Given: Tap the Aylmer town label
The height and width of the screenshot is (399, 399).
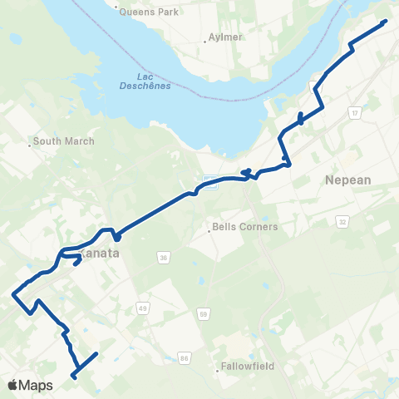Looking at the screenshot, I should (x=222, y=38).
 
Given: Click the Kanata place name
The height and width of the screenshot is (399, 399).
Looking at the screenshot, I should (x=101, y=253).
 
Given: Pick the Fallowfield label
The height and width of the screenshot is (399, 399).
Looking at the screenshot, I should (x=247, y=367).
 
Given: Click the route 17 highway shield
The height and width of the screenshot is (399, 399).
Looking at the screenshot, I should (x=355, y=112).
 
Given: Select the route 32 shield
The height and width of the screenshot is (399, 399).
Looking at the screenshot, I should (x=342, y=222).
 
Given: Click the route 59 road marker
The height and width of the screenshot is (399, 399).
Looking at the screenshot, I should (x=203, y=313).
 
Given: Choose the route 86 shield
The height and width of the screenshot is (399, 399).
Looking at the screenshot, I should (x=185, y=358).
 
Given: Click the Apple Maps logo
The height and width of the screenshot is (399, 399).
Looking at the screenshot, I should (x=30, y=385).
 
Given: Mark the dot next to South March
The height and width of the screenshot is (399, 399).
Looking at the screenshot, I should (x=31, y=145).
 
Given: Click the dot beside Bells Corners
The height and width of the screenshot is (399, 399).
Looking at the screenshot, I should (x=209, y=230).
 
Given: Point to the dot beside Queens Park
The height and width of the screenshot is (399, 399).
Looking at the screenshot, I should (x=116, y=7).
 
